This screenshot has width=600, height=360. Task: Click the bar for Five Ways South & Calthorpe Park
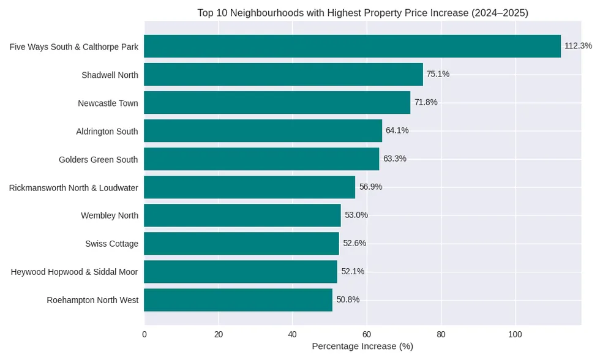(x=352, y=47)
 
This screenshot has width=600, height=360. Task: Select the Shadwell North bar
(x=283, y=75)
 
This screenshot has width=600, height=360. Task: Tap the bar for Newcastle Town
(x=277, y=103)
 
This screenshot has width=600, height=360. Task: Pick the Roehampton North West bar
(x=238, y=300)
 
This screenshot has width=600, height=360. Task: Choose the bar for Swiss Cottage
(x=241, y=244)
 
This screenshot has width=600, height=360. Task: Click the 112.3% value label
(x=578, y=46)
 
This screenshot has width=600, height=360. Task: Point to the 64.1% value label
(x=397, y=130)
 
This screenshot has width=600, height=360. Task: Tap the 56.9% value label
(x=370, y=187)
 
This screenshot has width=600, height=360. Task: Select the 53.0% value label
(x=356, y=215)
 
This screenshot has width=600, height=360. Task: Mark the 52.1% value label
(x=353, y=271)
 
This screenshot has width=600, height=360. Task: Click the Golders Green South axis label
(x=98, y=159)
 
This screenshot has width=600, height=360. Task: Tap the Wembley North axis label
(x=110, y=216)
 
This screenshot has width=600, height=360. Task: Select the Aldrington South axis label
(x=107, y=131)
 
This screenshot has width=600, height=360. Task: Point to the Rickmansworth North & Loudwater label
(x=73, y=187)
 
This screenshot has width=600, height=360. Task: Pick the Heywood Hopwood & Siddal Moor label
(x=74, y=272)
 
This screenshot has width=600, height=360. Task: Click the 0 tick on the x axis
(x=144, y=334)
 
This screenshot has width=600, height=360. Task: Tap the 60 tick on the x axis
(x=367, y=334)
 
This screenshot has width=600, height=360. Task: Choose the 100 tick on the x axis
(x=515, y=334)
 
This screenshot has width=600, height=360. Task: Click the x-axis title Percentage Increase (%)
(x=362, y=347)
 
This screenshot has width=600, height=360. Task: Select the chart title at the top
(x=362, y=13)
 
